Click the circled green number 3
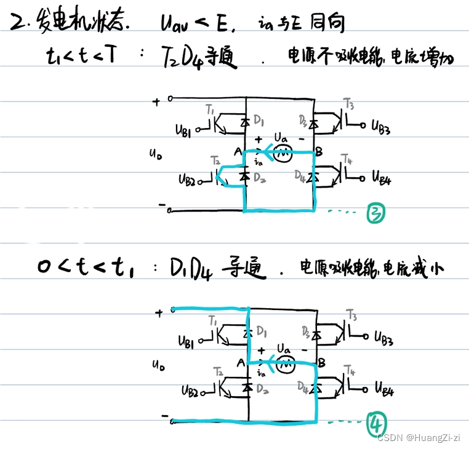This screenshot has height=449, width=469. [x=375, y=213]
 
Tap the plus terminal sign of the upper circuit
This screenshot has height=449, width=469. [x=155, y=100]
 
